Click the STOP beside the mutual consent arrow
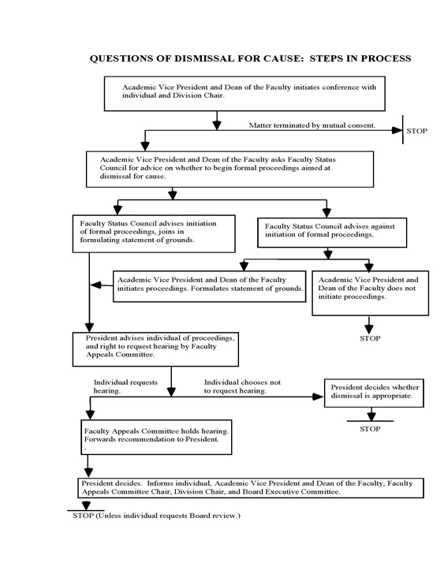pos(416,130)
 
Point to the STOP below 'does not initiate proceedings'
pos(370,338)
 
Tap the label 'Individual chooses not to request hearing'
pos(242,386)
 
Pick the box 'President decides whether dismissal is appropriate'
pos(375,392)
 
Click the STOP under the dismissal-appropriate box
pos(370,430)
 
